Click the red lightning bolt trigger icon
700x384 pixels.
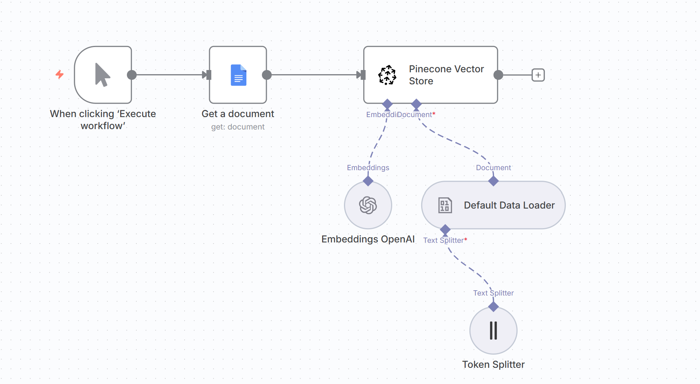60,74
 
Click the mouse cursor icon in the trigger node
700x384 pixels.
102,75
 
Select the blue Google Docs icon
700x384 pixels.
238,75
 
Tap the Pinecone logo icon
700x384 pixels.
387,75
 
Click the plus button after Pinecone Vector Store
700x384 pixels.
538,75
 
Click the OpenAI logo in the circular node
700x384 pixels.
368,205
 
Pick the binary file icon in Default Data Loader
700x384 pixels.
445,205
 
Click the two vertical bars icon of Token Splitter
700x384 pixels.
493,331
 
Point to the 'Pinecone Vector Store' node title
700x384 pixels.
446,75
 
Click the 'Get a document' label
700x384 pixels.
238,114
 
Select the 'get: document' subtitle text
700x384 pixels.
238,127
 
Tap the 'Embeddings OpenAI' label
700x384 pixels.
368,239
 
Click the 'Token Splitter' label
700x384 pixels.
493,364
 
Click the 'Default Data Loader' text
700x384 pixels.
509,205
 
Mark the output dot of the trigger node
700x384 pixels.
132,75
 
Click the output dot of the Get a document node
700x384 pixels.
267,75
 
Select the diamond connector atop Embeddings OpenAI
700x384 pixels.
368,181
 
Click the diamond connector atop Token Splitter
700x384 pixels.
493,307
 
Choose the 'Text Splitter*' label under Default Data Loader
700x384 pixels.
445,240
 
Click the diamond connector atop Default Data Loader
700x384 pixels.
493,181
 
